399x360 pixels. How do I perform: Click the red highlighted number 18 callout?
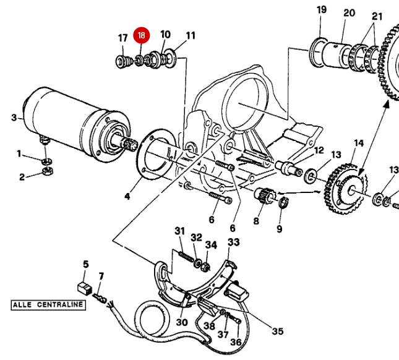point(142,36)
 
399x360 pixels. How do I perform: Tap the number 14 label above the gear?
point(358,144)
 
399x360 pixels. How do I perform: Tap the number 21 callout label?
point(377,15)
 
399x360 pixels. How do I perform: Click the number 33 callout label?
point(233,242)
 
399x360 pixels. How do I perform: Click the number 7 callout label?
point(101,276)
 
